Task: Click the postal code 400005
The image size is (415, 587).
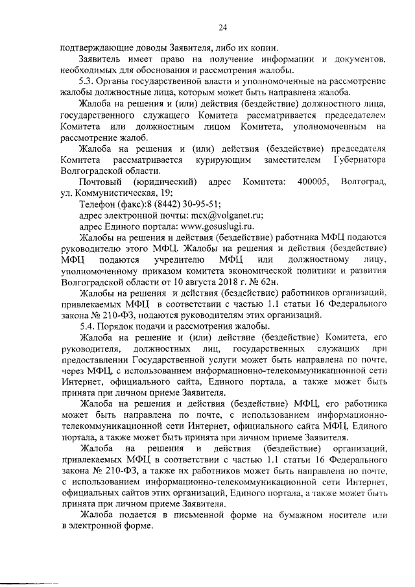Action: click(312, 183)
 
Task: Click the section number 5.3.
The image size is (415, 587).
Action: click(86, 82)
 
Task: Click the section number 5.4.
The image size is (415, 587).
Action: click(86, 325)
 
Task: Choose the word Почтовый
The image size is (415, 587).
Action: click(98, 183)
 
